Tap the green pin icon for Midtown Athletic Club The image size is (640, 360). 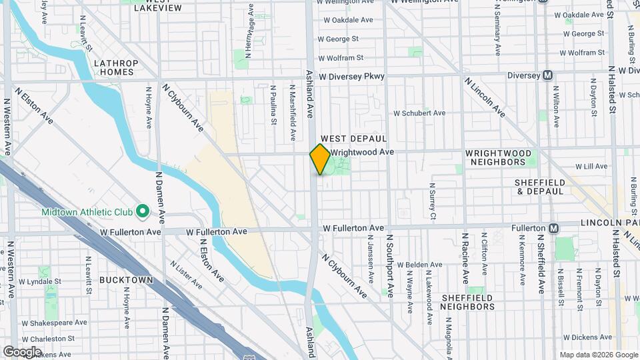tap(142, 212)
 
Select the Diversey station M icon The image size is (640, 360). tap(548, 75)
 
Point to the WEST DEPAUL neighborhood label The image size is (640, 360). tap(359, 139)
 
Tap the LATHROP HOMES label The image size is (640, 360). tap(116, 67)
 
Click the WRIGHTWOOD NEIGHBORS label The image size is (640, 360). tap(498, 157)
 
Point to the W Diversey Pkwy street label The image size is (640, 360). tap(351, 77)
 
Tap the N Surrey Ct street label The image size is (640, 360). tap(432, 201)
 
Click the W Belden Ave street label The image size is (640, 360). tap(420, 265)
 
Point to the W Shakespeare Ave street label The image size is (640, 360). tap(54, 323)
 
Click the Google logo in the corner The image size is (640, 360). tap(22, 351)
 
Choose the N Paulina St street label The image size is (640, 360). tap(273, 105)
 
